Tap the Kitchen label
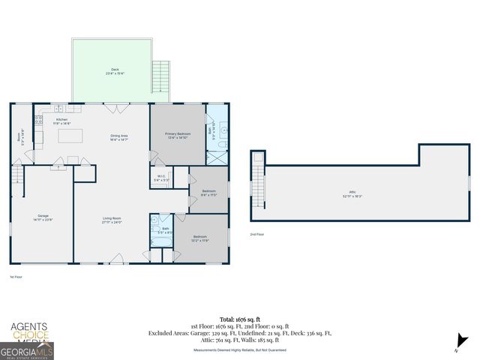pyautogui.click(x=62, y=121)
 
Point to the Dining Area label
pyautogui.click(x=119, y=137)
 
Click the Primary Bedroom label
pyautogui.click(x=178, y=136)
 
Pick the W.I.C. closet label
pyautogui.click(x=161, y=178)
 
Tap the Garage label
pyautogui.click(x=42, y=217)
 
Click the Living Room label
pyautogui.click(x=112, y=220)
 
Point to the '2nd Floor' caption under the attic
pyautogui.click(x=257, y=234)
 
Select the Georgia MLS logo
pyautogui.click(x=27, y=350)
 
